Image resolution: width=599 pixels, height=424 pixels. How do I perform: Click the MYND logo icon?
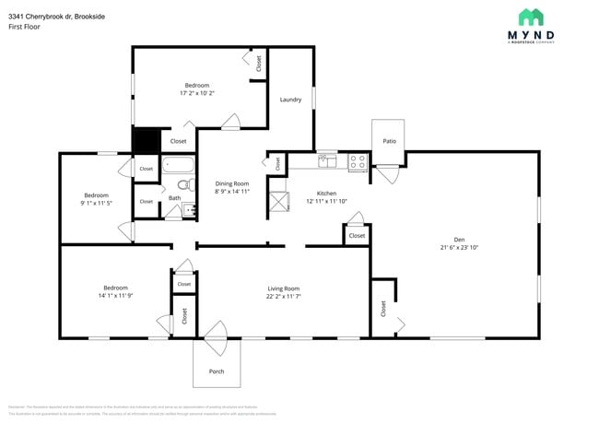coord(530,18)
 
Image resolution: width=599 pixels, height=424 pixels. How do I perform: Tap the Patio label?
coord(389,141)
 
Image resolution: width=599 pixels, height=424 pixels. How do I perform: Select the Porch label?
coord(217,371)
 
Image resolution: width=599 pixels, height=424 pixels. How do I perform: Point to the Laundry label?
coord(290,100)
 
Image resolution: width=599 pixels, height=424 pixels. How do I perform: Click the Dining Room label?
coord(232,183)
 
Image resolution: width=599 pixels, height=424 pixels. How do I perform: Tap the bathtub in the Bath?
coord(179,167)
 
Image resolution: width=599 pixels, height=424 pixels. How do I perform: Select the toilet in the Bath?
coord(183,185)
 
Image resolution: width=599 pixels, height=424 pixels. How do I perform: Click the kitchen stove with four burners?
coord(358,160)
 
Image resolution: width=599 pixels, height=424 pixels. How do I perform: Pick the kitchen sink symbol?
coord(327,160)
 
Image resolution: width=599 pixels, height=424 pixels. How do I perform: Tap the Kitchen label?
coord(326,194)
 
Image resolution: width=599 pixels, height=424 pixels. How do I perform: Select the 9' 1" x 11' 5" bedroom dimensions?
coord(97,203)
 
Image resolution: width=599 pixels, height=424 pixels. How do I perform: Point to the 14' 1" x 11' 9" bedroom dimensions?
coord(115,296)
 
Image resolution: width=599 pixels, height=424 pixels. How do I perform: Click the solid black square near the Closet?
coord(146,140)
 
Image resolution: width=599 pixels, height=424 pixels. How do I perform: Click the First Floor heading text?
coord(25,27)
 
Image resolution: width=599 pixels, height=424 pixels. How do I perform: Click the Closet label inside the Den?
coord(383,309)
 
